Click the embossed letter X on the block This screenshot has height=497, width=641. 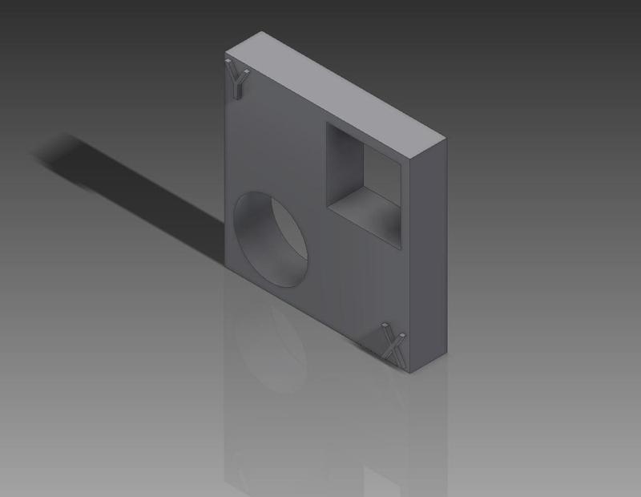(393, 345)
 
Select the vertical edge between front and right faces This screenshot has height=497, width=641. (409, 265)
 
